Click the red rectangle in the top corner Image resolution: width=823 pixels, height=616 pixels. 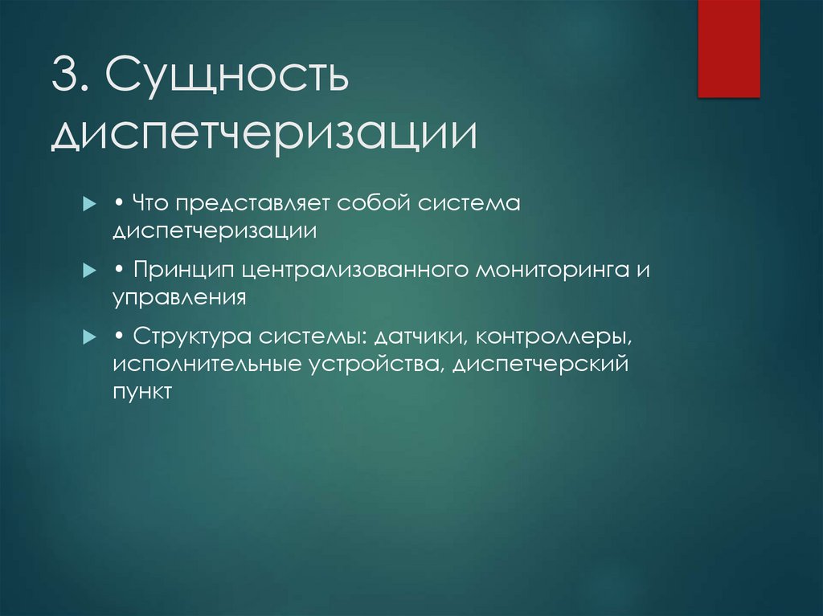(x=728, y=48)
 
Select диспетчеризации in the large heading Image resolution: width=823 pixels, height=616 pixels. (x=264, y=135)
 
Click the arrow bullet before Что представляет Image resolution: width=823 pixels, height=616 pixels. (x=88, y=206)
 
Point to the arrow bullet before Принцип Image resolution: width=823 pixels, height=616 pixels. (x=88, y=271)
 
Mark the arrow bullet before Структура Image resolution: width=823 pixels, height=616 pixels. (x=88, y=338)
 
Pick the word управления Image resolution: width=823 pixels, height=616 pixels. (x=178, y=298)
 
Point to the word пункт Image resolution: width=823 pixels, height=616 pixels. (x=142, y=393)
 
